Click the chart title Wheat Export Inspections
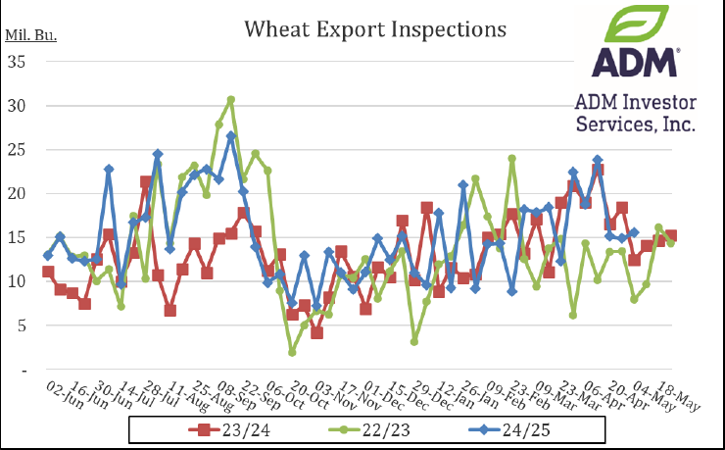point(376,29)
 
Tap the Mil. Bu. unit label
point(32,36)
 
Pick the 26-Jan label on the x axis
point(470,390)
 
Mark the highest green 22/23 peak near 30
point(230,100)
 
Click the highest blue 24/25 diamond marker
point(230,136)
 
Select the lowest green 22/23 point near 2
point(292,351)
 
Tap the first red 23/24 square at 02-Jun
point(48,272)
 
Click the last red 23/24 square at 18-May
point(670,236)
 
